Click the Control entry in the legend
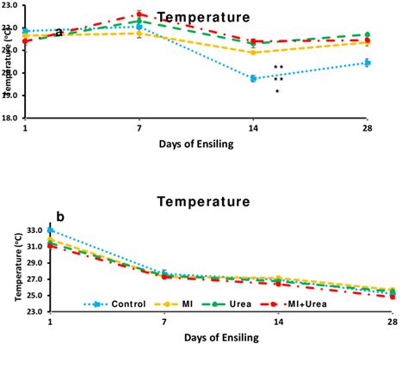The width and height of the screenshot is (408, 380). (116, 303)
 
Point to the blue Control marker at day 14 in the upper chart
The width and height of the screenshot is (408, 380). (253, 78)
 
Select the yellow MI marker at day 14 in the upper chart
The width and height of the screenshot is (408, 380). (253, 52)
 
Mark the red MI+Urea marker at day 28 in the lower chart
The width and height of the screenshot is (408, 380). (393, 296)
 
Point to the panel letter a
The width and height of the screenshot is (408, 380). (59, 33)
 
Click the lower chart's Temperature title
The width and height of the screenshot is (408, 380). (203, 202)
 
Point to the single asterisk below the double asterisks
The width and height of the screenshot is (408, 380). (277, 91)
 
